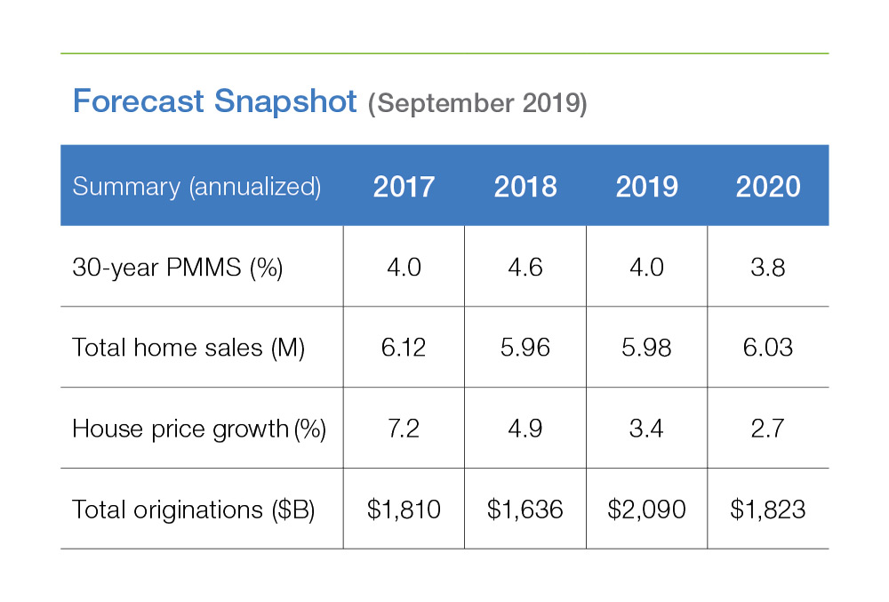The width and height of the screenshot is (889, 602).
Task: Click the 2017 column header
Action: click(404, 187)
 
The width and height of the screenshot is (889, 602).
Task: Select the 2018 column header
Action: click(525, 187)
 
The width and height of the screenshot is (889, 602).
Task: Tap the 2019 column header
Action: click(646, 187)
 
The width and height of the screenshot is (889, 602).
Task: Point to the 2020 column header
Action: click(768, 187)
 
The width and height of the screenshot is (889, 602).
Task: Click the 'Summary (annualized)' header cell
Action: click(196, 187)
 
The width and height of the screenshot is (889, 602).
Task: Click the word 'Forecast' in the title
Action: click(140, 101)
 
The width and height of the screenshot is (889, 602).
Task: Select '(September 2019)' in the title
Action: click(477, 103)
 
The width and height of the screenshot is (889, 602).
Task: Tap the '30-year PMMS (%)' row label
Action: click(177, 268)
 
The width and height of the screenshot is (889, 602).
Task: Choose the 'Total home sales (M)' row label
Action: click(188, 349)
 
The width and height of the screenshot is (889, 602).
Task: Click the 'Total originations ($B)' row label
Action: click(193, 510)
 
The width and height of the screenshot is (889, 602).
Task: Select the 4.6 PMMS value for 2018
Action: click(525, 268)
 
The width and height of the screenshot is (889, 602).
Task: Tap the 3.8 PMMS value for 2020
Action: click(768, 268)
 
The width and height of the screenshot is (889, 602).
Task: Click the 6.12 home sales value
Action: click(404, 349)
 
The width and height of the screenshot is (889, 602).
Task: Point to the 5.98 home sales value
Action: click(646, 349)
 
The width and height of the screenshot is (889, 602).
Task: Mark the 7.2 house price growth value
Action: click(404, 429)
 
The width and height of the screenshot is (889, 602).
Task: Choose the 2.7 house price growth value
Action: click(768, 429)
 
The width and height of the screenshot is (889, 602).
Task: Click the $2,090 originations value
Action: click(646, 510)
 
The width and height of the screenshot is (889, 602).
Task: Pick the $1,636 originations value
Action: click(525, 510)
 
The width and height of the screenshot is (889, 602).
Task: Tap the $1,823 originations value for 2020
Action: click(768, 510)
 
